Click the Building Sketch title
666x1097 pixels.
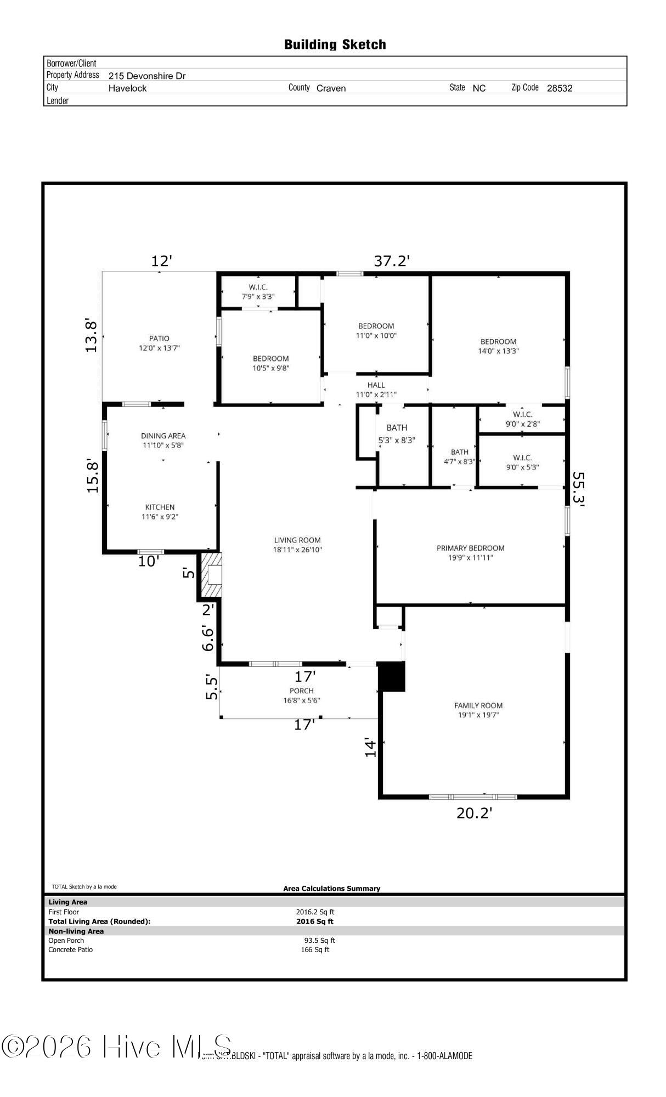coord(335,44)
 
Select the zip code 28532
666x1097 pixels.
coord(560,88)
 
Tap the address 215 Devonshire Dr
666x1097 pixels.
coord(147,76)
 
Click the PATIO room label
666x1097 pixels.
coord(159,338)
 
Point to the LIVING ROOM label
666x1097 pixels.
coord(297,540)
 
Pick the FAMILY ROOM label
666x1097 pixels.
coord(478,705)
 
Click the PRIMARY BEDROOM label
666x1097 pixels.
coord(470,548)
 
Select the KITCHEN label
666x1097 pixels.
coord(160,507)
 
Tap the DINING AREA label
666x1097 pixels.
coord(163,436)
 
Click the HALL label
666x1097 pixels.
coord(376,385)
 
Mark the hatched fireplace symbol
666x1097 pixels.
coord(211,574)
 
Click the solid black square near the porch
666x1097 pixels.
coord(392,676)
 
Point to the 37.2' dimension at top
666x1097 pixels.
coord(392,261)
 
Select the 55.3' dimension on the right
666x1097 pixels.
coord(578,490)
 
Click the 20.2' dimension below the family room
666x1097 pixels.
coord(474,813)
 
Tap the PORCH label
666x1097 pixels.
coord(302,691)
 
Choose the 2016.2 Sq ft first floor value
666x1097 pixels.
coord(315,912)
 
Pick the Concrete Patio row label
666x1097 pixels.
coord(71,949)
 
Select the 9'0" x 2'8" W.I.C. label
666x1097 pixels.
coord(522,423)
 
